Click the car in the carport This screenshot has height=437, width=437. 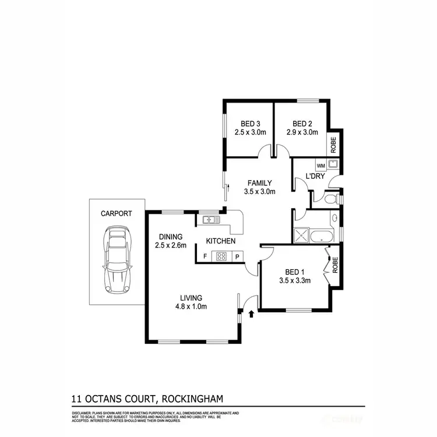tap(117, 260)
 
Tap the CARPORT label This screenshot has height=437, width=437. tap(115, 213)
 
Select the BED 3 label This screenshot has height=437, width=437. tap(250, 124)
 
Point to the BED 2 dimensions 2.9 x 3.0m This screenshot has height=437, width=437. tap(302, 132)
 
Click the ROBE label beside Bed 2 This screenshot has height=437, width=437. tap(333, 144)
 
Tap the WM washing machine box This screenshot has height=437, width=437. tap(320, 165)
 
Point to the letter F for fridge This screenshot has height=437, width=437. tap(205, 256)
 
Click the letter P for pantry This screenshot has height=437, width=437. tap(238, 256)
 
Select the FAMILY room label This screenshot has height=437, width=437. tap(259, 183)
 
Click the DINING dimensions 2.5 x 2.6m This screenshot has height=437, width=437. tap(171, 245)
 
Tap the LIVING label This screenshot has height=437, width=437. tap(192, 297)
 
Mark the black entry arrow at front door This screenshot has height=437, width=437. tap(251, 313)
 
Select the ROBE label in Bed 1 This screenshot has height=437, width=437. tap(334, 266)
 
